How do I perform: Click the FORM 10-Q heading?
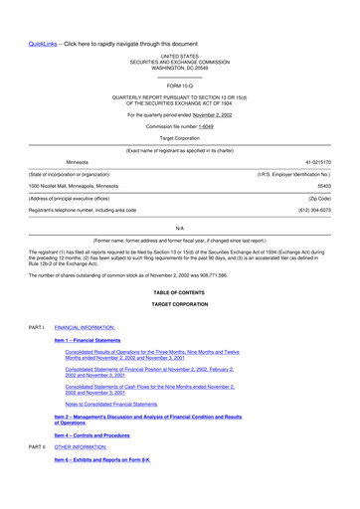tap(179, 87)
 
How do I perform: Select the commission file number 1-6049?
tap(205, 126)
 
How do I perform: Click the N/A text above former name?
tap(179, 229)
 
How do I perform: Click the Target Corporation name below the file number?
tap(179, 138)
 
